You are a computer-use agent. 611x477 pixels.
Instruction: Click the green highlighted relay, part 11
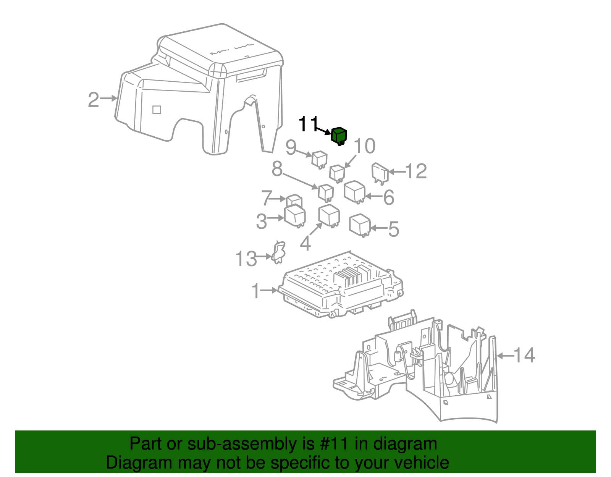coord(338,136)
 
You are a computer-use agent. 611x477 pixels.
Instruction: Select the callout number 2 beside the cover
coord(94,100)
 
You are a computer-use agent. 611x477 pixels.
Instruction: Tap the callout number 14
coord(524,356)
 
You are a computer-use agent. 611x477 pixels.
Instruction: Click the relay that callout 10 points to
coord(337,172)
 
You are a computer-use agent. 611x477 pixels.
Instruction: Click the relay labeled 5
coord(360,225)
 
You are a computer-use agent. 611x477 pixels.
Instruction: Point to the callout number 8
coord(277,168)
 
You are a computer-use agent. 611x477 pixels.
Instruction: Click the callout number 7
coord(267,198)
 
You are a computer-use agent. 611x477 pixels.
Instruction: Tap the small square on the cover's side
coord(157,110)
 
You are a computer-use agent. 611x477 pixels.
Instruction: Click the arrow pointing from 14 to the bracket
coord(505,356)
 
